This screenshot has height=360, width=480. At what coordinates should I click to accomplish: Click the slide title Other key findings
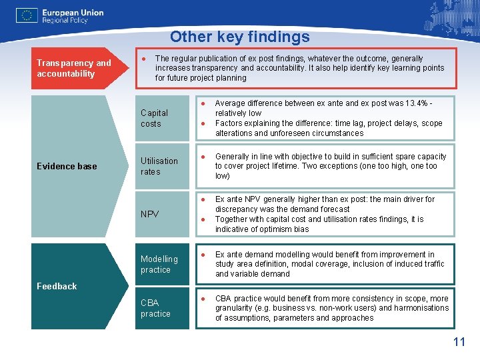tap(239, 37)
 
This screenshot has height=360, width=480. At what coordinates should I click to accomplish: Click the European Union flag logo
tap(27, 16)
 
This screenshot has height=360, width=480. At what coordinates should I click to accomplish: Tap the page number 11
tap(459, 343)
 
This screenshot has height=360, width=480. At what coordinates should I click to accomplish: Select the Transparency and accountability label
tap(74, 68)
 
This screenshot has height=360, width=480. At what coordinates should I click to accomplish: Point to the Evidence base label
tap(67, 166)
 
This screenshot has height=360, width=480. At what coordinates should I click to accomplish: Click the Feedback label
tap(57, 286)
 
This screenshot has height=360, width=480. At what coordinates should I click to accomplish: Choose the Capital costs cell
tap(154, 118)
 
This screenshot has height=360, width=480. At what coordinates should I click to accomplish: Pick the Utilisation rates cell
tap(159, 166)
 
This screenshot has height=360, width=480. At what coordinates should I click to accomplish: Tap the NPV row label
tap(149, 214)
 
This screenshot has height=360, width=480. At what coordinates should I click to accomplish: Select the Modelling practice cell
tap(159, 264)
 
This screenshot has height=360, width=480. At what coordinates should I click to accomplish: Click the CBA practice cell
tap(155, 308)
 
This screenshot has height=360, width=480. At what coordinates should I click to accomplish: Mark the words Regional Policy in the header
tap(65, 21)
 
